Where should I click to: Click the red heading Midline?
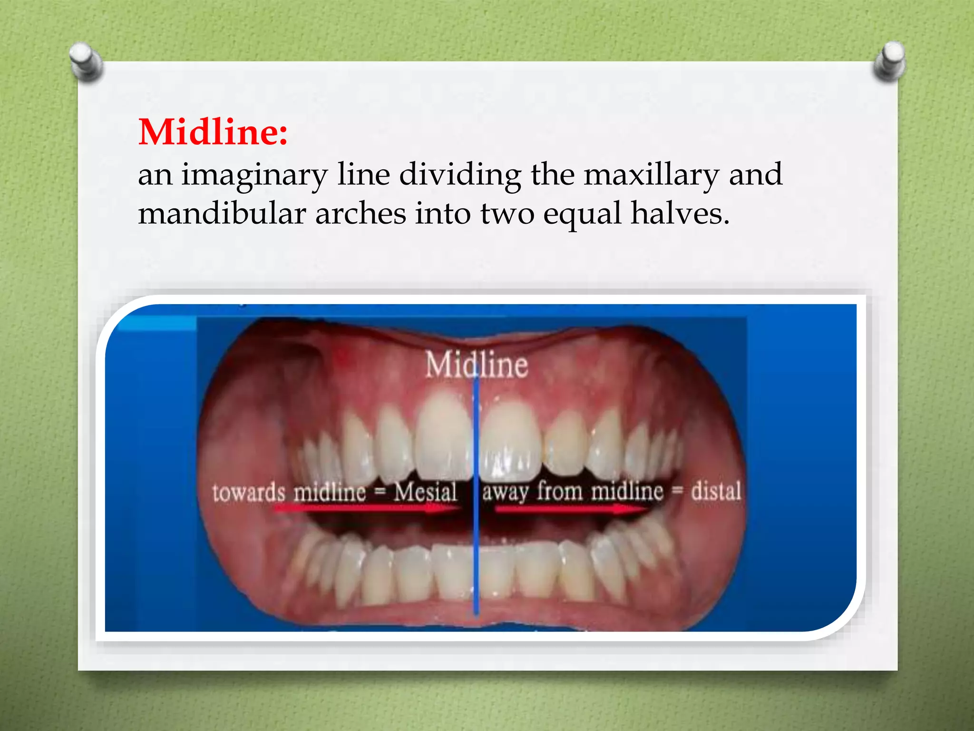[x=213, y=132]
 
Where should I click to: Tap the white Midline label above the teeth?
[x=477, y=365]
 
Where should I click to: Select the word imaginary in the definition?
[x=254, y=175]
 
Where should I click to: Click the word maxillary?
[x=651, y=175]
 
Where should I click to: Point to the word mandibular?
[x=222, y=213]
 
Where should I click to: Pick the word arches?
[x=360, y=213]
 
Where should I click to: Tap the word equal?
[x=582, y=214]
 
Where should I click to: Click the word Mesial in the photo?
[x=425, y=492]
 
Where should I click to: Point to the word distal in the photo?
[x=716, y=491]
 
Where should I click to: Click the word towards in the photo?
[x=249, y=493]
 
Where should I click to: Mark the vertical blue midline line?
[x=476, y=547]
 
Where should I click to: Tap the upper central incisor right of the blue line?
[x=510, y=440]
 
